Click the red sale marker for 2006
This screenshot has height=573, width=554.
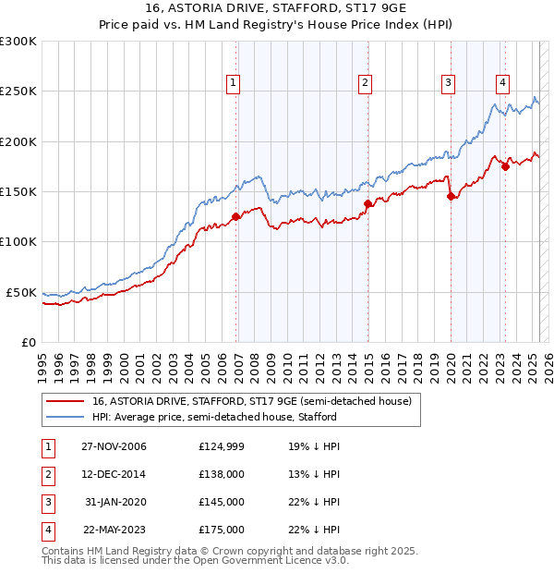click(x=236, y=216)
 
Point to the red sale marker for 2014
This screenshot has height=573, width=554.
click(x=367, y=203)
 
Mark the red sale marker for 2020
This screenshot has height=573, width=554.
click(x=451, y=196)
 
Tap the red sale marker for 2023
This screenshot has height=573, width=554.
click(x=505, y=166)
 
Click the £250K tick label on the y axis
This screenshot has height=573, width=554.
click(x=18, y=91)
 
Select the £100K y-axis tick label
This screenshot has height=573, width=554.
click(x=18, y=241)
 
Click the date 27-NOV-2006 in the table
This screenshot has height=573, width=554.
click(x=114, y=446)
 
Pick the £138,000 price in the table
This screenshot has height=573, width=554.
click(x=222, y=474)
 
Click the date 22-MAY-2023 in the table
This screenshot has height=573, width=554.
click(x=114, y=530)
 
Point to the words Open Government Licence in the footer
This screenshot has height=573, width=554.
click(x=269, y=560)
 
